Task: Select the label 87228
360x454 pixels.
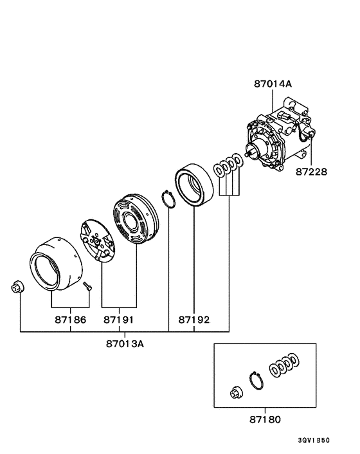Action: [x=311, y=172]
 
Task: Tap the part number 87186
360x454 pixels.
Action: [x=71, y=319]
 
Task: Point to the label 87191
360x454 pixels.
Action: [x=119, y=319]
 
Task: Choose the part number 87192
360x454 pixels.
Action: [x=194, y=319]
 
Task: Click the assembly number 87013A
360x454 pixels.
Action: [x=125, y=343]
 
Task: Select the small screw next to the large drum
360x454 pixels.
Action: [x=88, y=285]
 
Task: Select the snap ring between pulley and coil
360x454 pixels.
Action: [x=169, y=200]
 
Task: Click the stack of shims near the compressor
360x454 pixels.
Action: [x=228, y=164]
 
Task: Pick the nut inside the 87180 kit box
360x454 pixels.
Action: [x=235, y=393]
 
